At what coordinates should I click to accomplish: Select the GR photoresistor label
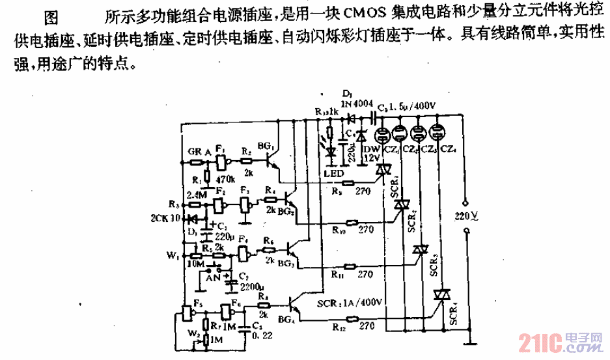coord(194,152)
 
